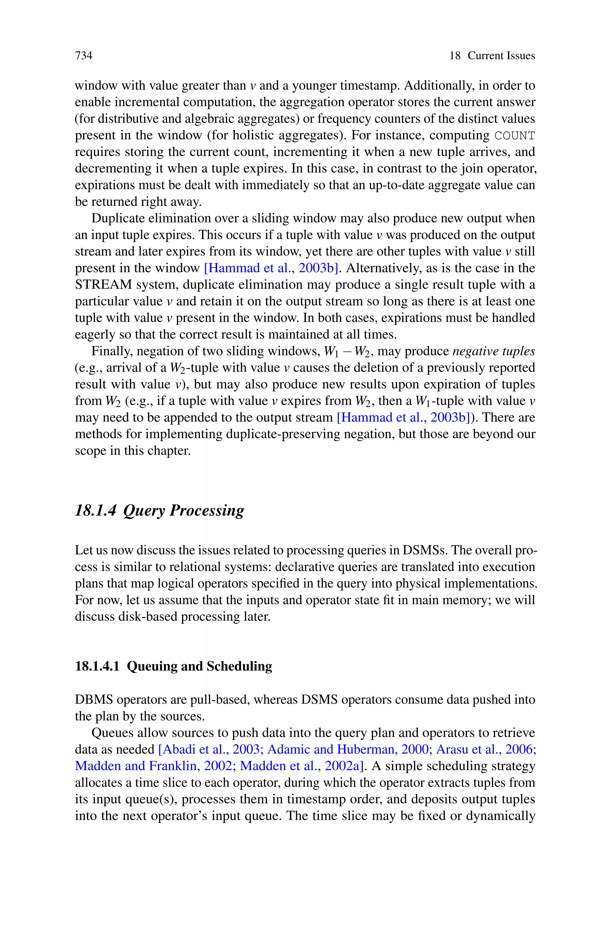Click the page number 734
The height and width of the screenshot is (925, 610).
click(84, 56)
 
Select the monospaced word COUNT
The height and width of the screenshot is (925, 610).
click(514, 136)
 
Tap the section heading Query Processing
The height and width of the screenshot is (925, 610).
click(183, 510)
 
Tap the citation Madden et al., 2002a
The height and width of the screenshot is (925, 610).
click(301, 766)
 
